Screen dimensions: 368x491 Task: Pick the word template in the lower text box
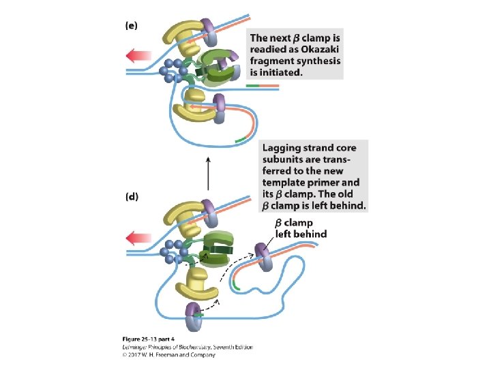tap(285, 183)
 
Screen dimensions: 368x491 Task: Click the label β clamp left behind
tap(299, 228)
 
